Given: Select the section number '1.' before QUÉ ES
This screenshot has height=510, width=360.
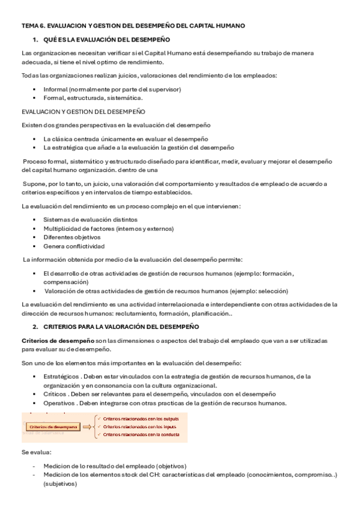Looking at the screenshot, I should click(35, 40).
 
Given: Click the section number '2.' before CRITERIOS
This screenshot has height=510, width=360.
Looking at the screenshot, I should click(35, 326).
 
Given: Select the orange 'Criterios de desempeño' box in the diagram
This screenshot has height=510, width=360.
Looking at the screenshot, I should click(53, 426).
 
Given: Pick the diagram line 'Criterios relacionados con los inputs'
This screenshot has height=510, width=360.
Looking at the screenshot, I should click(139, 426).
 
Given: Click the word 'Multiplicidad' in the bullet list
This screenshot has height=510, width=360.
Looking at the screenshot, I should click(63, 229).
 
